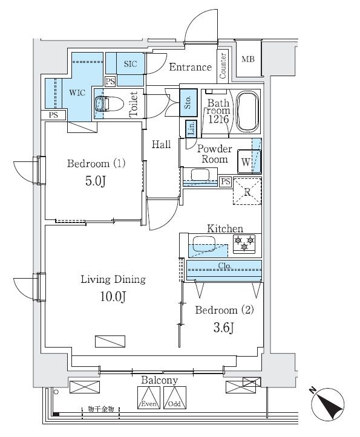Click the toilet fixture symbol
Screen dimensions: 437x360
click(106, 105)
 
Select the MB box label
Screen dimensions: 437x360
click(248, 59)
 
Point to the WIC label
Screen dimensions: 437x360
click(77, 94)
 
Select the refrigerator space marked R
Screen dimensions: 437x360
click(247, 192)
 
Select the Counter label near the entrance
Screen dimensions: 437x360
click(223, 66)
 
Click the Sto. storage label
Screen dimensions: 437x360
click(188, 100)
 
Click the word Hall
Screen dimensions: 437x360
click(161, 144)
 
